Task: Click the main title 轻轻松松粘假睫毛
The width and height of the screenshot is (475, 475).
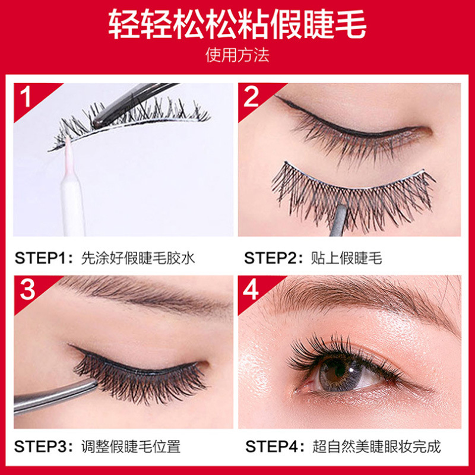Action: pos(237,26)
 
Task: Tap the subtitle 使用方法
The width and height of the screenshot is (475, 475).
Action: pos(237,55)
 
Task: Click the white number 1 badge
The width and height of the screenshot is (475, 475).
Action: pos(26,97)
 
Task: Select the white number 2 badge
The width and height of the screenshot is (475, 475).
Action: pos(251,97)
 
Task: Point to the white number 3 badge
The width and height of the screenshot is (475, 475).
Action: pos(27,289)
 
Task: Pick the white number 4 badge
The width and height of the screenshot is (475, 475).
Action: pos(251,289)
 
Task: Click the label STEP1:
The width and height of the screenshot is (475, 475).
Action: pos(44,258)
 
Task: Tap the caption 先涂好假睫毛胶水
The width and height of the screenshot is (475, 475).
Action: pos(138,258)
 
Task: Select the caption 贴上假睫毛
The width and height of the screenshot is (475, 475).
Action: pos(347,258)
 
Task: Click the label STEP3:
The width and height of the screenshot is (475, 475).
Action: pos(44,446)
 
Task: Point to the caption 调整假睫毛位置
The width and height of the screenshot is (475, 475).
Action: pos(131,446)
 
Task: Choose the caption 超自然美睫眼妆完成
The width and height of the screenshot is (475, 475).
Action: pos(376,446)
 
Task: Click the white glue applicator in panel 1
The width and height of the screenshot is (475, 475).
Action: pos(72,194)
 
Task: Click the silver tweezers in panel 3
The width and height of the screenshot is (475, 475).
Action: pos(55,395)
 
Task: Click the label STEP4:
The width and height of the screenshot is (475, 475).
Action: pos(275,446)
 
